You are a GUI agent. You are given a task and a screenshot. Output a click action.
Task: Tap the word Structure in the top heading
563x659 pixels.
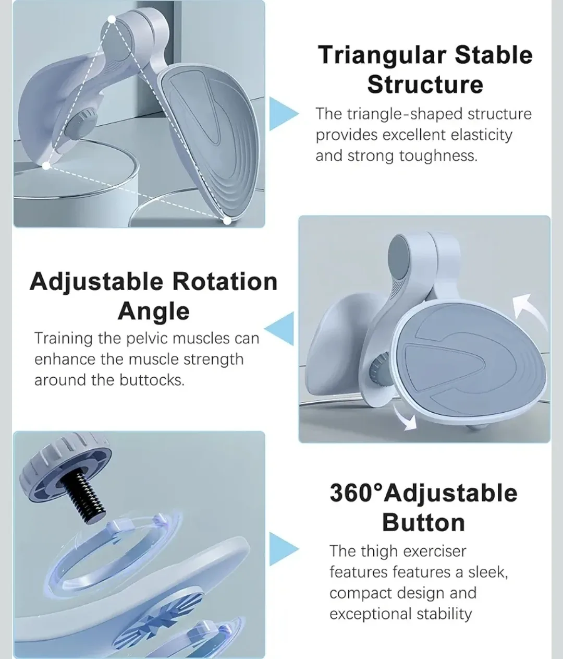[x=425, y=85]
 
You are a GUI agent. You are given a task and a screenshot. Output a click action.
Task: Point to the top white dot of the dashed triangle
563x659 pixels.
[x=112, y=19]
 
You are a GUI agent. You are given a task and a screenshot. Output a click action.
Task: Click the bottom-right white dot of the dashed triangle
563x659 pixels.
[x=227, y=221]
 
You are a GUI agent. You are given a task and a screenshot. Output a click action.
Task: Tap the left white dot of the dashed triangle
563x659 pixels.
[x=46, y=166]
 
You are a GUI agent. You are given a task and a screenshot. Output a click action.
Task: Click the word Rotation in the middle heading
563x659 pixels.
[x=225, y=282]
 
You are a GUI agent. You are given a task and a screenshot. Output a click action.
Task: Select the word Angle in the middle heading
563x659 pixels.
[x=153, y=311]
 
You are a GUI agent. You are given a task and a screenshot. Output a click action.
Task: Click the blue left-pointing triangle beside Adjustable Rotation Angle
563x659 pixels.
[x=281, y=329]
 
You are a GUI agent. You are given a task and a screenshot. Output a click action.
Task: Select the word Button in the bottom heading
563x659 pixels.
[x=423, y=523]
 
